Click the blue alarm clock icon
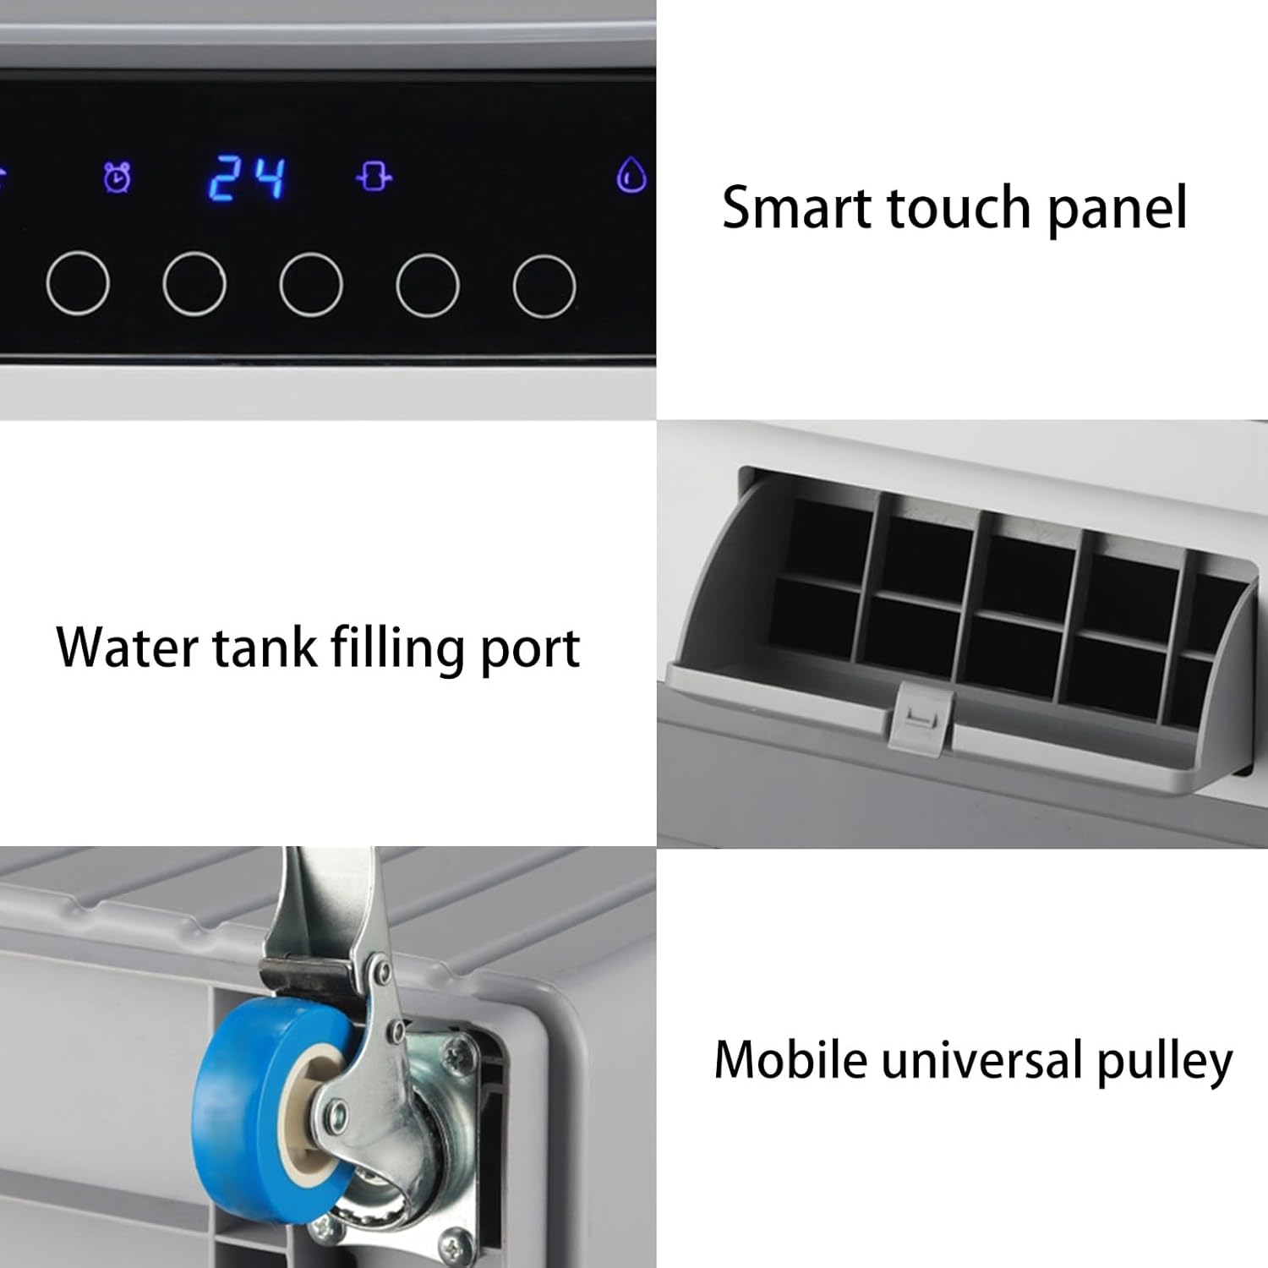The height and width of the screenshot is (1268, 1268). (118, 178)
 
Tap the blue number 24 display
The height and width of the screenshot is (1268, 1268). (247, 178)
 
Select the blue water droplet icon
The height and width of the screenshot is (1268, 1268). (631, 176)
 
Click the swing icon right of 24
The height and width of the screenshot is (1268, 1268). (374, 178)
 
